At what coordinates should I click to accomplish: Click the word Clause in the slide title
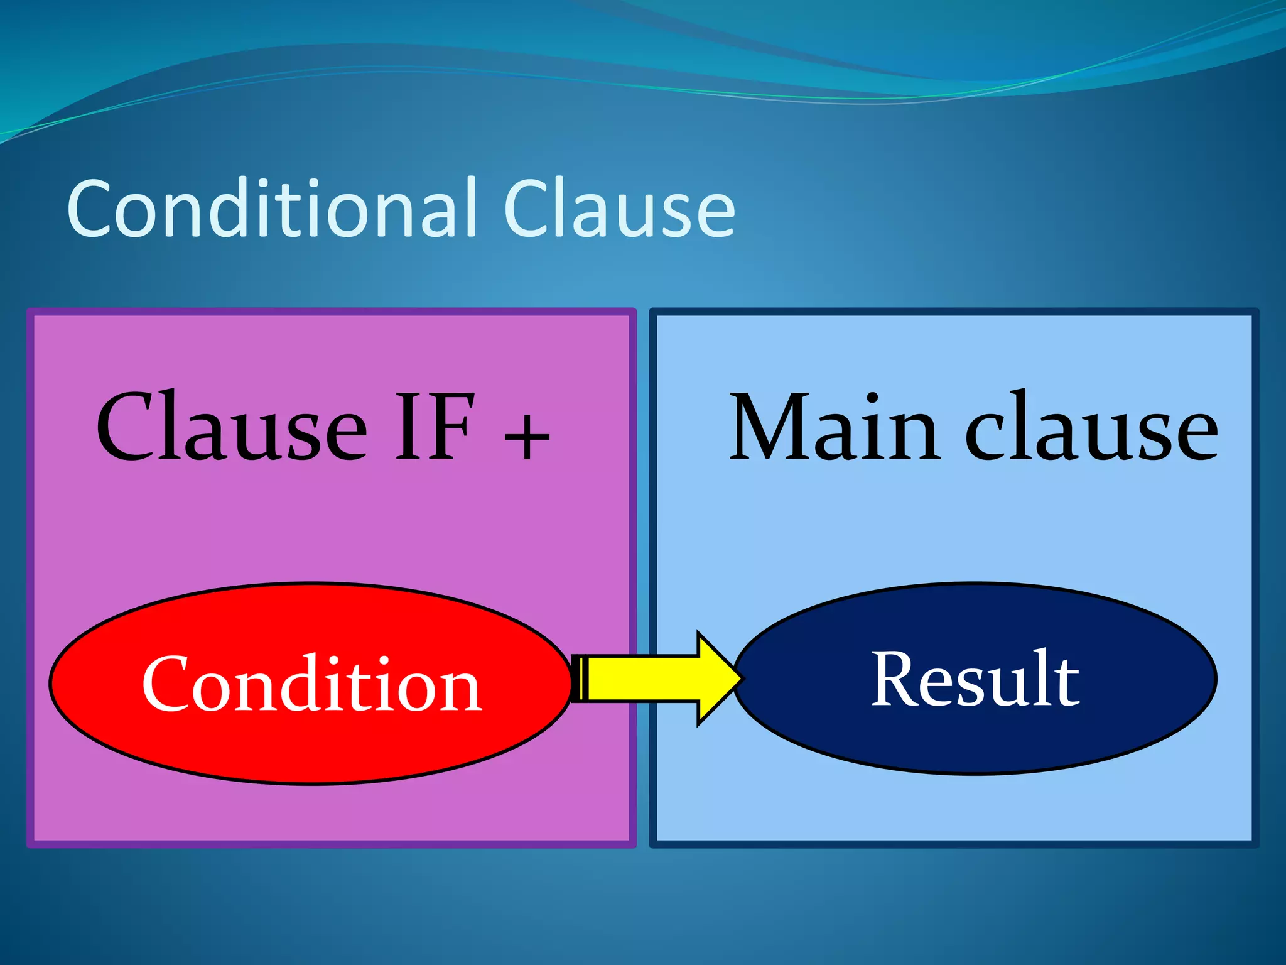(619, 209)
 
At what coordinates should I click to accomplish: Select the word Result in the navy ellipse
(975, 679)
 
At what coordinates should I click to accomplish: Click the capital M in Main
(772, 427)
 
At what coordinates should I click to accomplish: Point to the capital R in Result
(894, 679)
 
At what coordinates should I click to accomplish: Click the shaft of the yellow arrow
(644, 679)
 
